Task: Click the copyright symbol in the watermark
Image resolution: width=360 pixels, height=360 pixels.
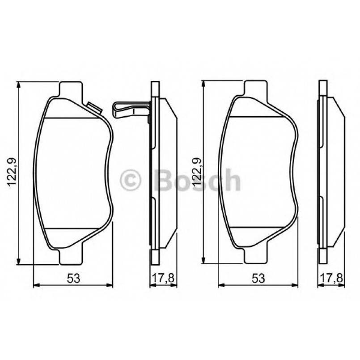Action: click(131, 181)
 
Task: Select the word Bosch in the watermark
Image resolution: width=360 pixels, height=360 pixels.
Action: click(197, 180)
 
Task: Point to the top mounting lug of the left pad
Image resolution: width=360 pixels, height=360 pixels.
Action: click(71, 89)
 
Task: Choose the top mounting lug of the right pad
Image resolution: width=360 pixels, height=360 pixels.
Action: click(255, 89)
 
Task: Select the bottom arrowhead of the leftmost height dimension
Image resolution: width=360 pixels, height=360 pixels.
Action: click(18, 261)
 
